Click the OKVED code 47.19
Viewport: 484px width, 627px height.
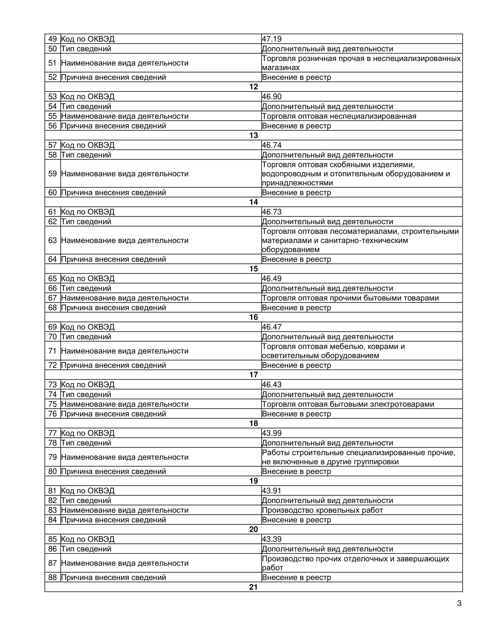(x=272, y=39)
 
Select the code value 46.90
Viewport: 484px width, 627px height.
(x=272, y=96)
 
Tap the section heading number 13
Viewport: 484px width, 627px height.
(x=253, y=135)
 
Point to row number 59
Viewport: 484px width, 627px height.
(x=52, y=174)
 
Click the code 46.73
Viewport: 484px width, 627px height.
(x=272, y=212)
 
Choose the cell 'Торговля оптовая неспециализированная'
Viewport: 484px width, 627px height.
(x=339, y=116)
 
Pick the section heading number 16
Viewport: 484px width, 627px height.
(x=253, y=317)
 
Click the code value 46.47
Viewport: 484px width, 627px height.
(x=272, y=327)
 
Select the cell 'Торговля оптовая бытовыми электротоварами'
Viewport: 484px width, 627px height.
(x=348, y=404)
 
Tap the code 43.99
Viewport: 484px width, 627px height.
(x=272, y=433)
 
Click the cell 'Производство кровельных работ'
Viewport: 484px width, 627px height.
(x=322, y=510)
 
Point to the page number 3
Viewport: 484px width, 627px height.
(x=459, y=603)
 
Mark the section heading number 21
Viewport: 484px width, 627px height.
(x=253, y=587)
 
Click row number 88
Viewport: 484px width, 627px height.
(x=52, y=577)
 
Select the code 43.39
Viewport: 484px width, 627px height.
(x=272, y=539)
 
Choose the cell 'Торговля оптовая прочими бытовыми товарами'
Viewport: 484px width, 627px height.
(x=350, y=298)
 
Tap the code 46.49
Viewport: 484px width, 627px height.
(x=272, y=278)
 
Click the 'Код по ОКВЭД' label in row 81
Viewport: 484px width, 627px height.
(x=88, y=491)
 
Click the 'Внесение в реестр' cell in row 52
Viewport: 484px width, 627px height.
(x=296, y=77)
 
